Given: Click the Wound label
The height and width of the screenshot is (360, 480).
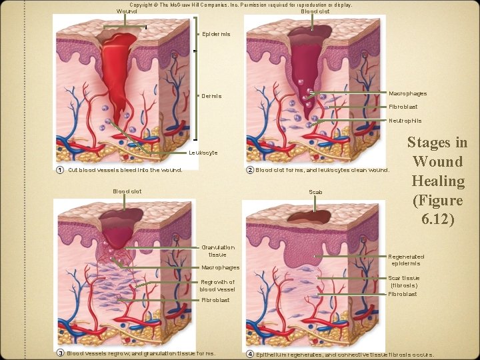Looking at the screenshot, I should [x=126, y=11].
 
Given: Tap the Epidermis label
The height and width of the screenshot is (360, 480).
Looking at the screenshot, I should [x=216, y=34].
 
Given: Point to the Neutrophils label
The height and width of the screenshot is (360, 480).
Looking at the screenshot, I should [x=405, y=121].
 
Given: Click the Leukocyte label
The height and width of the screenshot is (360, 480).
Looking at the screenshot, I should [x=203, y=153].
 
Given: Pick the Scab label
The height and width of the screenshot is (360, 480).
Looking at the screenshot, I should [x=315, y=192].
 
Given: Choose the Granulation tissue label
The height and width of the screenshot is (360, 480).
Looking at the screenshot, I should [x=217, y=251].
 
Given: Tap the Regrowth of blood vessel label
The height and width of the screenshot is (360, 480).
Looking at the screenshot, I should [x=217, y=285].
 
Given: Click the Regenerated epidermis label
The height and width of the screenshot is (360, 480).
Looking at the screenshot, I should [x=406, y=260].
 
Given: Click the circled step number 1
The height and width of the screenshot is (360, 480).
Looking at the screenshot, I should [x=61, y=169].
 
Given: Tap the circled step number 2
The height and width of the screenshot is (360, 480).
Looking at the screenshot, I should [x=250, y=169].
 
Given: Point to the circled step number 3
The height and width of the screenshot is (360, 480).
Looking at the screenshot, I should [x=60, y=353].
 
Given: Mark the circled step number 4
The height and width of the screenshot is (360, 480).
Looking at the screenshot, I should [x=250, y=353].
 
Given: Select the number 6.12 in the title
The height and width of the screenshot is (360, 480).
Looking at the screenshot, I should [x=437, y=219].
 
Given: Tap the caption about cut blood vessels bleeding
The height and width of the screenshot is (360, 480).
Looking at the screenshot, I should [x=125, y=169].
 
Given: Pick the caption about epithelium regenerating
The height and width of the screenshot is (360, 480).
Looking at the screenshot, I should [x=345, y=353].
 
